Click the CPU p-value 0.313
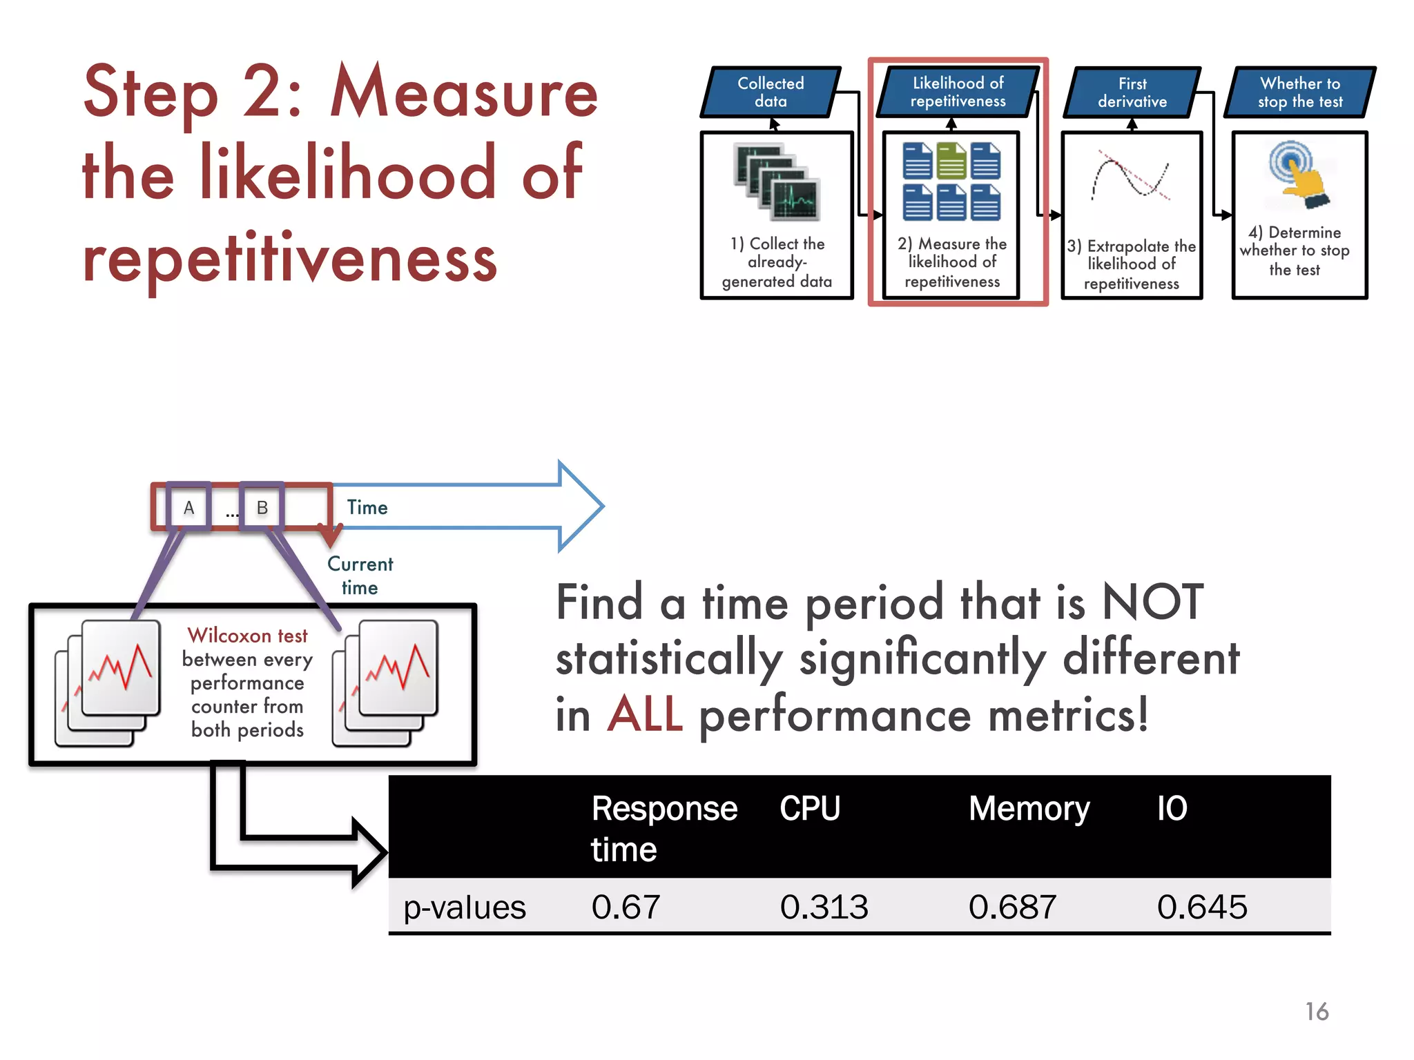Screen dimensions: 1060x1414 (824, 907)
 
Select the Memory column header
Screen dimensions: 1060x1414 (1029, 809)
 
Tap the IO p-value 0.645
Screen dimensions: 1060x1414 (1202, 907)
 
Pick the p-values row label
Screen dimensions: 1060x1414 (465, 907)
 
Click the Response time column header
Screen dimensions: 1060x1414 (664, 828)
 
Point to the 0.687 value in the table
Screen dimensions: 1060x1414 (1012, 907)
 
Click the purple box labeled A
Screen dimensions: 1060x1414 (188, 507)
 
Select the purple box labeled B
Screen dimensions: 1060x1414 (262, 507)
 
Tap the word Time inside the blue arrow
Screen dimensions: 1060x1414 (367, 508)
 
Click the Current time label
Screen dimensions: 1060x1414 (360, 576)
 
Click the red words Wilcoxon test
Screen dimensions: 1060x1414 (247, 635)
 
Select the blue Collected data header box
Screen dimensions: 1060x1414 (771, 92)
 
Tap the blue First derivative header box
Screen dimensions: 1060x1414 (1132, 92)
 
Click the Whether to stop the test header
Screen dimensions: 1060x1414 (1300, 92)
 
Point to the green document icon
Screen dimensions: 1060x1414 (951, 160)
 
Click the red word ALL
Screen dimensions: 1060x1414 (646, 715)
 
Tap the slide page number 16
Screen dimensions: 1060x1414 (1317, 1012)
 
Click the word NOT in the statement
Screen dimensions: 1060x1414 (1152, 602)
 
